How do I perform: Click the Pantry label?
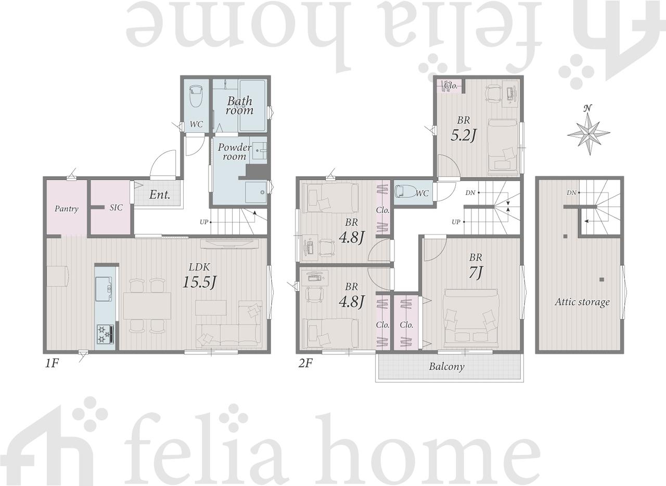coord(66,209)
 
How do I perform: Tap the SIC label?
coord(116,208)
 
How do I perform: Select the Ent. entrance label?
coord(160,195)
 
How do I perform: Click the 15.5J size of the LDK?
coord(199,282)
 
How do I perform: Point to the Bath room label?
coord(240,106)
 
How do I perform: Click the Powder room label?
coord(234,152)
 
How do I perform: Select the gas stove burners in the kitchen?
coord(105,334)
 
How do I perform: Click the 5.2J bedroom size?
coord(464,136)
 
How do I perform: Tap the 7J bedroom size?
coord(476,272)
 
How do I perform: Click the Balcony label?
coord(446,367)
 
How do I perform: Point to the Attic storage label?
coord(582,302)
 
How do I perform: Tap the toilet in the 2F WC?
coord(405,191)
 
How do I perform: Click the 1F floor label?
coord(52,363)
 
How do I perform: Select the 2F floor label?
coord(305,363)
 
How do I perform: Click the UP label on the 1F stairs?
coord(203,222)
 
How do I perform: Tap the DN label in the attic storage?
coord(571,193)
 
